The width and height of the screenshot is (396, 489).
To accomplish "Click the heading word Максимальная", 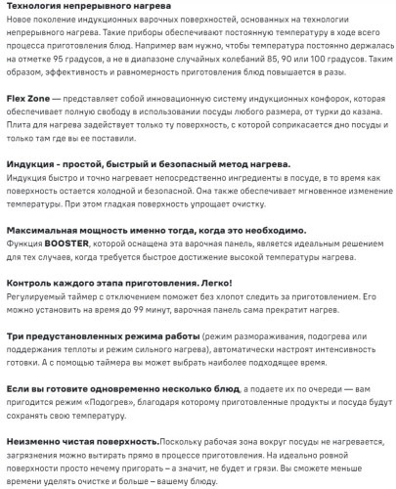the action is click(x=46, y=225).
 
